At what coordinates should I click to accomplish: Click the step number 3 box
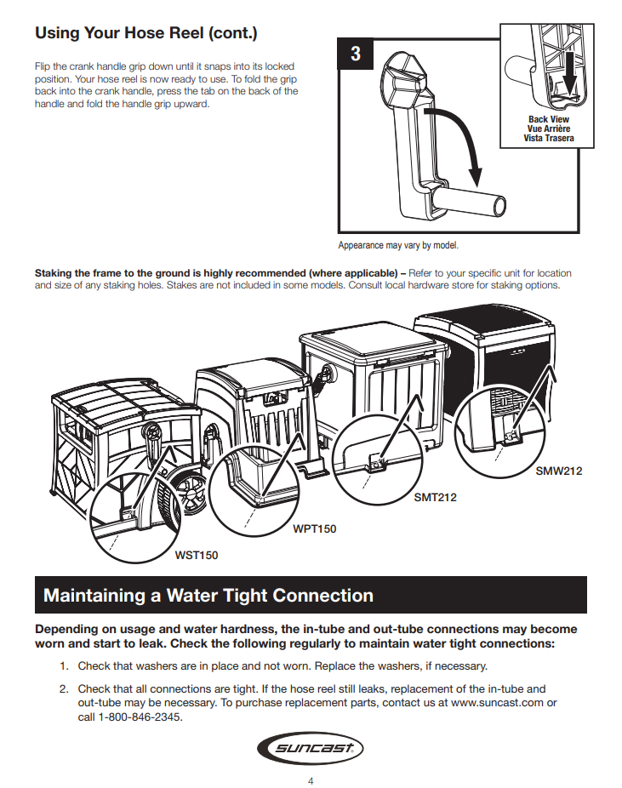[x=356, y=54]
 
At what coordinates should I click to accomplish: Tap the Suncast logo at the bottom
[x=311, y=749]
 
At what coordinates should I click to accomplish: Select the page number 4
[x=311, y=781]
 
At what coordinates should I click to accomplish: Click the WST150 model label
[x=197, y=556]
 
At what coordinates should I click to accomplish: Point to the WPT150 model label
[x=314, y=528]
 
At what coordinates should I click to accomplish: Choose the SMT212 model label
[x=435, y=497]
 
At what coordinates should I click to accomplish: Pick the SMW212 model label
[x=559, y=471]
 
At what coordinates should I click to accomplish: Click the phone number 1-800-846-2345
[x=130, y=716]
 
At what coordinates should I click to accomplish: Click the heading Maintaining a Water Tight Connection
[x=208, y=596]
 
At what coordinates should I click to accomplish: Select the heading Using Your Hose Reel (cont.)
[x=146, y=34]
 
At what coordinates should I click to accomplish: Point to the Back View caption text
[x=549, y=119]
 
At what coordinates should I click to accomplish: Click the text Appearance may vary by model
[x=398, y=245]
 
